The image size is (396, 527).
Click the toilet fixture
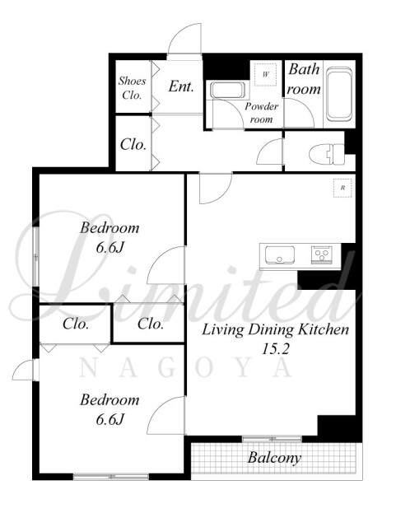tap(326, 154)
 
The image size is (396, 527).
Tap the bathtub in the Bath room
tap(339, 94)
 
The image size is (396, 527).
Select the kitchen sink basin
tap(279, 254)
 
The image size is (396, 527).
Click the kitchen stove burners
tap(322, 254)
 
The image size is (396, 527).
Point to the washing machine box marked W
tap(265, 75)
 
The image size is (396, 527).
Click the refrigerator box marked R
tap(342, 188)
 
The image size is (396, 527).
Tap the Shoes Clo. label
tap(132, 88)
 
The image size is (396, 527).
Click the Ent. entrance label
tap(181, 86)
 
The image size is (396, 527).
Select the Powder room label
tap(261, 113)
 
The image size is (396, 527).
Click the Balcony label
tap(274, 458)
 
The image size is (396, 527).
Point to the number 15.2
tap(275, 349)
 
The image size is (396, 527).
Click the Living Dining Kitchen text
tap(275, 329)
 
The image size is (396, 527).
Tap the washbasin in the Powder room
tap(226, 90)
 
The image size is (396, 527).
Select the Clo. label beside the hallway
tap(133, 145)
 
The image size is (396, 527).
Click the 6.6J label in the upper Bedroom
tap(110, 248)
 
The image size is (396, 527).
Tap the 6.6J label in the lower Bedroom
tap(110, 419)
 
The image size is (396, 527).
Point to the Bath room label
tap(305, 79)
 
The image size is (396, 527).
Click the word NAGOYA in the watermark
tap(185, 368)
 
